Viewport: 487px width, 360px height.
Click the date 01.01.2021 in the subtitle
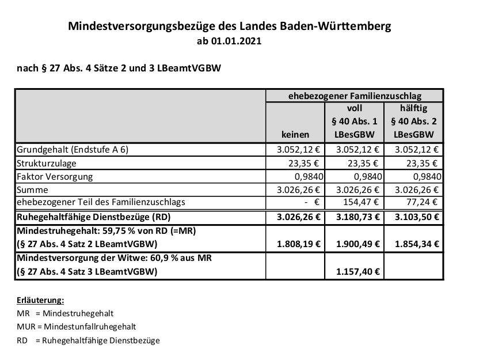238,42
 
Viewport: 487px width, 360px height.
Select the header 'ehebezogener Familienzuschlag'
354,96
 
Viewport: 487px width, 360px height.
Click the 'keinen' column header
295,134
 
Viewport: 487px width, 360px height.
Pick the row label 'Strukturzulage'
44,163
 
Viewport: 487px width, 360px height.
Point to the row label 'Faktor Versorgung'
55,176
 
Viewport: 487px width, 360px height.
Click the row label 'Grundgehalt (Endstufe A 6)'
73,150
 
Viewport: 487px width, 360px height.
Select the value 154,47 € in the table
359,203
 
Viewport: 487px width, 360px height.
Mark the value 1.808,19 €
294,244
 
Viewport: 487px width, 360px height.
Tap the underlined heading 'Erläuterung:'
40,300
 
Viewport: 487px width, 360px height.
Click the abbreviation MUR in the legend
26,327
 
